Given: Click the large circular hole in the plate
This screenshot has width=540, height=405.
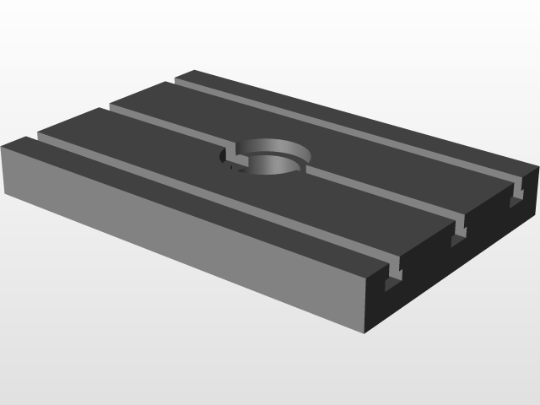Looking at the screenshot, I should click(x=268, y=157).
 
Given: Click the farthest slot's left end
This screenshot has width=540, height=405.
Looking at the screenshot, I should click(x=181, y=82).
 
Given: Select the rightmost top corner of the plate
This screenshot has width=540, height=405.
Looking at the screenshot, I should click(x=537, y=168).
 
